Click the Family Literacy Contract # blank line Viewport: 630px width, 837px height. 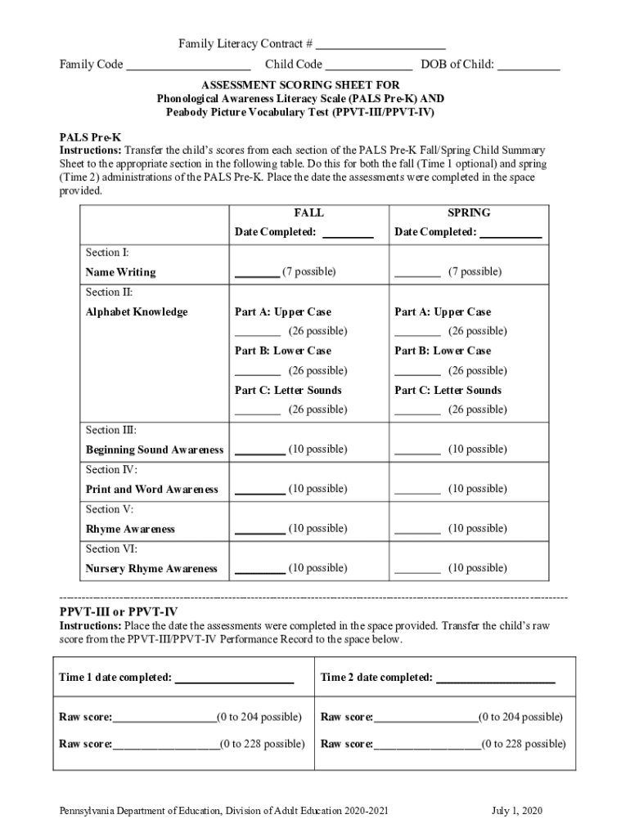click(380, 44)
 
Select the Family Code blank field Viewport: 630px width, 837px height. click(188, 65)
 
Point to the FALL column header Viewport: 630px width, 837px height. click(308, 213)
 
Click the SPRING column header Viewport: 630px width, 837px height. click(469, 213)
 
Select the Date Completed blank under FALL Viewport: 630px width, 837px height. click(348, 234)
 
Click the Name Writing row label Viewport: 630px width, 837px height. click(120, 272)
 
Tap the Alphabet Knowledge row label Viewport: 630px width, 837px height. click(137, 312)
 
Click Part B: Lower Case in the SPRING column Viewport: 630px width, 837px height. click(443, 351)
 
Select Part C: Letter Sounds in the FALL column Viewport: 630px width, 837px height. click(288, 391)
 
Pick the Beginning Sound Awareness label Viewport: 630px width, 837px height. click(155, 450)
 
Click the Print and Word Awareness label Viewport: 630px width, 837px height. click(152, 490)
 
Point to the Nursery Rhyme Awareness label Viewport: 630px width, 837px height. click(151, 569)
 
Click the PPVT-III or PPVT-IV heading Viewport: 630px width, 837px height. click(119, 612)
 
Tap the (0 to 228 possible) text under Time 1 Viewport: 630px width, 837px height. click(262, 744)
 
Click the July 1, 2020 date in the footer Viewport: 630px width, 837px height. click(517, 811)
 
